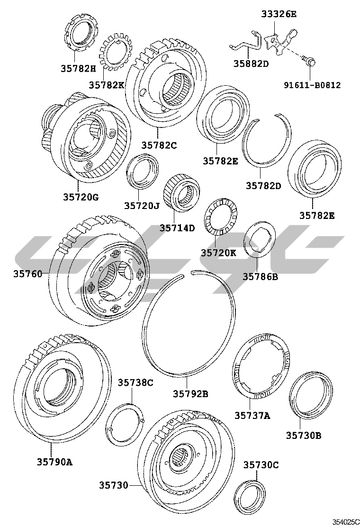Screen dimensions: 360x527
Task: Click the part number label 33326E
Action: click(279, 14)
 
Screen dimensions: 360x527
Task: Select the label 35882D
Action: click(251, 64)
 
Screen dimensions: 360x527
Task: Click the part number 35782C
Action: click(159, 145)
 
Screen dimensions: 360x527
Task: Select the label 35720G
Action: click(81, 197)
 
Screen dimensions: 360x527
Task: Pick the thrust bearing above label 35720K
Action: click(221, 218)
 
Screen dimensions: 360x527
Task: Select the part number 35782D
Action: click(263, 185)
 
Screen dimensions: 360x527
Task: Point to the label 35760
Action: click(28, 274)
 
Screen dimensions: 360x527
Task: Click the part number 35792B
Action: click(190, 393)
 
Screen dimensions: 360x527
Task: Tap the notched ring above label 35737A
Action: click(261, 370)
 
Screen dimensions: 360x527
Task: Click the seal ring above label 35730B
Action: click(311, 395)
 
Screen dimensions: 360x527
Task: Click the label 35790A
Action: click(55, 462)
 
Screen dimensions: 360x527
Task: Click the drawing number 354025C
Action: click(346, 522)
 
